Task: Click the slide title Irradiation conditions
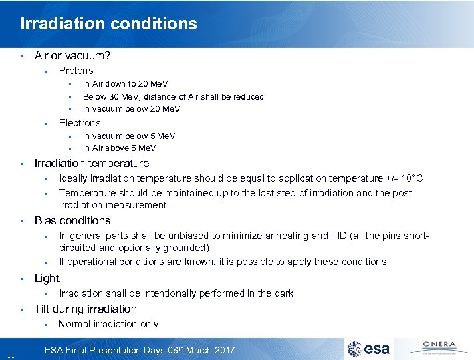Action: pos(108,24)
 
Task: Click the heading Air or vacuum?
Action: pos(72,56)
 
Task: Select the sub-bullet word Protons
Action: pos(76,71)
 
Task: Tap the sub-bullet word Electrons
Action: pos(79,123)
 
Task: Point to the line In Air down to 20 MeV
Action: pos(125,84)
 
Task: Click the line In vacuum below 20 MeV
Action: pos(131,109)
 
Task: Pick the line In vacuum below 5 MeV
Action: pos(128,136)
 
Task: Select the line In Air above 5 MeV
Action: pos(119,148)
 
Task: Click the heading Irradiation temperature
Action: pos(92,164)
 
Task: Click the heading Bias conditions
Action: pos(72,221)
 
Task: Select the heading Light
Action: pos(47,279)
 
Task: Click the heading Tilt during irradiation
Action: pos(86,309)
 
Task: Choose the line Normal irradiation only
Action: pos(108,324)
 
